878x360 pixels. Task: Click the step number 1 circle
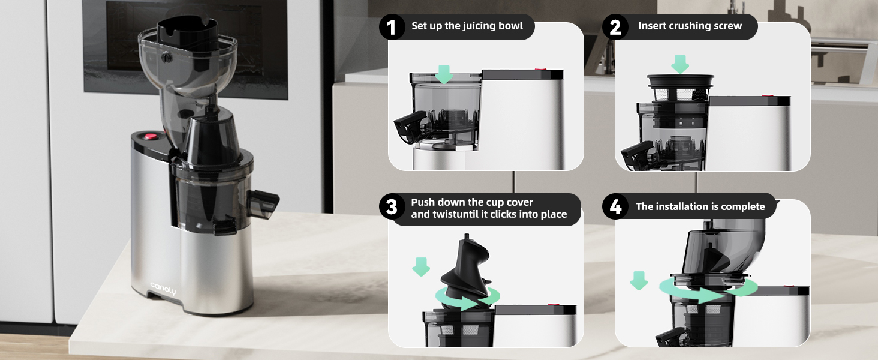point(392,27)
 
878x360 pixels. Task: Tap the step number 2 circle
point(615,27)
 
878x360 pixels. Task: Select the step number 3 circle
point(392,206)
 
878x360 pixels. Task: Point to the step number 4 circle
point(615,206)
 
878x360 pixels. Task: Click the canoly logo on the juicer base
point(163,289)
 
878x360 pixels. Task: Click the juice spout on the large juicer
point(264,203)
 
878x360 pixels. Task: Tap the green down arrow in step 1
point(444,74)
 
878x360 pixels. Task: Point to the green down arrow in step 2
point(680,64)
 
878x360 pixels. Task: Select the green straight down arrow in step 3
point(421,266)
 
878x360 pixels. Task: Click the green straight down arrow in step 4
point(639,280)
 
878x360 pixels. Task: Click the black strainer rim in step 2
point(681,82)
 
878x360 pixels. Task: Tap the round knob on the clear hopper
point(167,58)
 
